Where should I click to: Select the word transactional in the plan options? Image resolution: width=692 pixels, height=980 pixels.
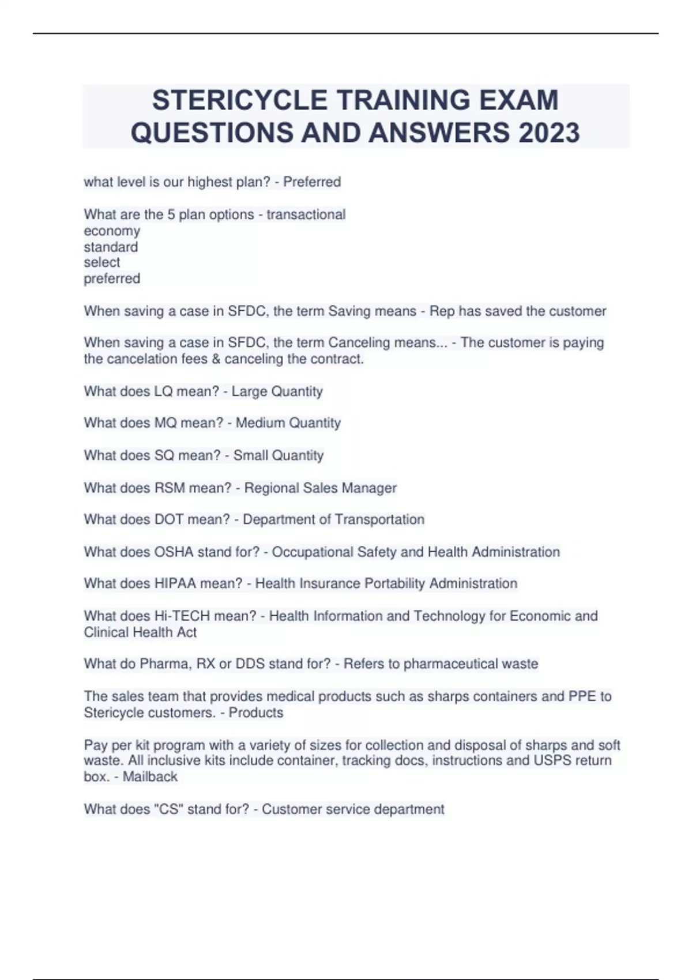pyautogui.click(x=306, y=214)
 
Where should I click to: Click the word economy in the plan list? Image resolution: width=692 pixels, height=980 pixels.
pyautogui.click(x=112, y=231)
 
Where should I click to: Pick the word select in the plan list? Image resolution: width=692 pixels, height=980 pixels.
pyautogui.click(x=102, y=262)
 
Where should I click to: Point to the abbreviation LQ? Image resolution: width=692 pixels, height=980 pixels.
pyautogui.click(x=163, y=391)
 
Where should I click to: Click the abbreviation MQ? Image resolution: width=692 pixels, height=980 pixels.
pyautogui.click(x=165, y=423)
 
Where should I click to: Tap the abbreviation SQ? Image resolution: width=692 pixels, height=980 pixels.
pyautogui.click(x=164, y=455)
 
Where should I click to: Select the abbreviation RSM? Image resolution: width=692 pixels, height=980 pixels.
pyautogui.click(x=169, y=488)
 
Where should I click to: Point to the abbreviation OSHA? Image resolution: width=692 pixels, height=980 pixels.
pyautogui.click(x=174, y=552)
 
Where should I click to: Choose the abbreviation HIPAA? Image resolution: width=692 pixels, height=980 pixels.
pyautogui.click(x=175, y=583)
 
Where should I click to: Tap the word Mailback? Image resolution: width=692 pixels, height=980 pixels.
pyautogui.click(x=150, y=777)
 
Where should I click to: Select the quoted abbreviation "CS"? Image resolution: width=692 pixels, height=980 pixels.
pyautogui.click(x=169, y=809)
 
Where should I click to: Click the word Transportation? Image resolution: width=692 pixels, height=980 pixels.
pyautogui.click(x=379, y=519)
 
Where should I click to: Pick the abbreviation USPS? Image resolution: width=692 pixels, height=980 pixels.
pyautogui.click(x=552, y=761)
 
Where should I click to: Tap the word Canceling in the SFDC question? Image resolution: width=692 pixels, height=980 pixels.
pyautogui.click(x=359, y=342)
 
